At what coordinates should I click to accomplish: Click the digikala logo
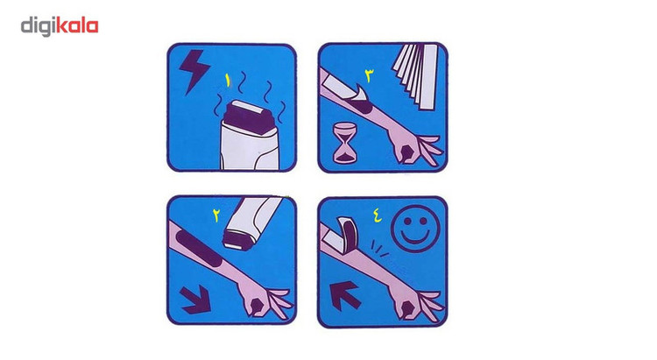pos(60,26)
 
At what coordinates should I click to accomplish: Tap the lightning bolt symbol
pos(194,70)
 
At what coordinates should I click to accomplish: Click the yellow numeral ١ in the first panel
pos(228,81)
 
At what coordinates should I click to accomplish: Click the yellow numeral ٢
pos(216,215)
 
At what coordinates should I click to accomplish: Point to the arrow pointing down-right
pos(195,299)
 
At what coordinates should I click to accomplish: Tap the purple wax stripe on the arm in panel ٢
pos(200,248)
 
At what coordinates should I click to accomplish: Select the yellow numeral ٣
pos(369,76)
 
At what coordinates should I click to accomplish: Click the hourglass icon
pos(345,143)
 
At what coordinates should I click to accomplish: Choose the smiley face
pos(415,228)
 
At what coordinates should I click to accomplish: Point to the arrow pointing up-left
pos(345,295)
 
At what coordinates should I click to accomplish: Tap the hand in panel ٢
pos(266,300)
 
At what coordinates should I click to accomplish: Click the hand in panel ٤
pos(417,305)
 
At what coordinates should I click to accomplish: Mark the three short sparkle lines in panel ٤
pos(379,250)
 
